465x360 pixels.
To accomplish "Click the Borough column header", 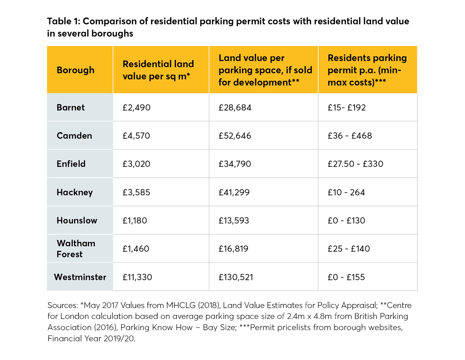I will [76, 70].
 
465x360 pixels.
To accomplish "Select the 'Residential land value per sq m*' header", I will [158, 70].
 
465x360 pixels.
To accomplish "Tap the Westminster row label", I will [80, 277].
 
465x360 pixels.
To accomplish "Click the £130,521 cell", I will [235, 277].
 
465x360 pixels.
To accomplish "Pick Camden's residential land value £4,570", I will [136, 136].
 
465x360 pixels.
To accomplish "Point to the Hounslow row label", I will [77, 220].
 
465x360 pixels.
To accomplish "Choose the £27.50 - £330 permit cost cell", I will [355, 164].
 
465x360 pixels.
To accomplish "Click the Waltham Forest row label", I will [76, 249].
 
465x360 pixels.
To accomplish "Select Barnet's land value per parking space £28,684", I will [235, 108].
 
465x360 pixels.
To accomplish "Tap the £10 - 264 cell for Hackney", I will [346, 192].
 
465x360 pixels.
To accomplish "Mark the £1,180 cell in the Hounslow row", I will [135, 221].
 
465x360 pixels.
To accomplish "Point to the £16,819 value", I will [234, 249].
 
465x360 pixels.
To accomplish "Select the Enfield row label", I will [71, 164].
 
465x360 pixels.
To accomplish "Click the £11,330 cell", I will [137, 277].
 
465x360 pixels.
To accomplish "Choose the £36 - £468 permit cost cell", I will [350, 136].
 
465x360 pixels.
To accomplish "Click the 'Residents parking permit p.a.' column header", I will [367, 70].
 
